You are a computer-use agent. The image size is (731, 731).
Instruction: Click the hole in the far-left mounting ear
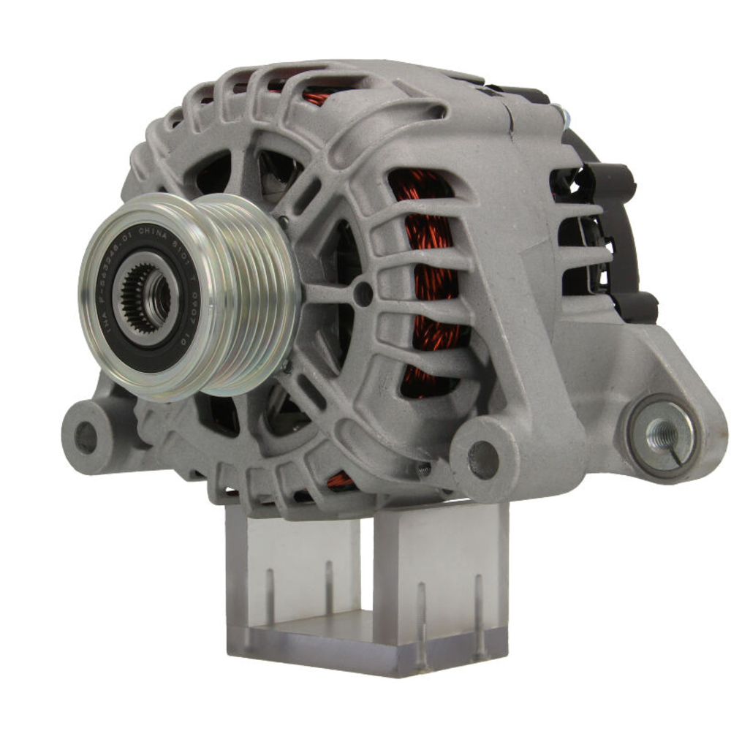tap(86, 436)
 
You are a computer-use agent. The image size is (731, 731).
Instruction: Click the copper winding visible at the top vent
tap(316, 97)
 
